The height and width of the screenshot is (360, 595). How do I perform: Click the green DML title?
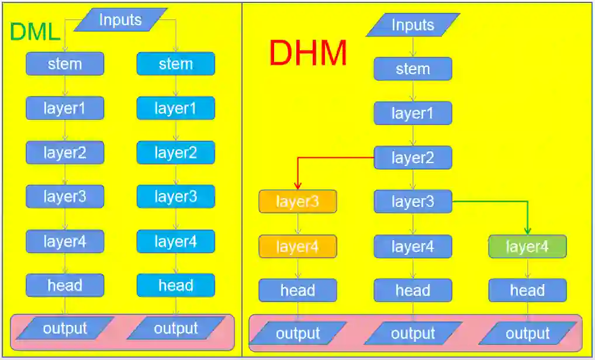pos(36,32)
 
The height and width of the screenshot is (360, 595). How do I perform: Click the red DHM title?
pos(308,54)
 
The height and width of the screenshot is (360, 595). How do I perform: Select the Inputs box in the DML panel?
pos(120,20)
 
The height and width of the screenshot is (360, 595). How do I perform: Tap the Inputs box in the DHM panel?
pos(413,25)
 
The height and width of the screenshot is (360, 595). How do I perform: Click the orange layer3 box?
pos(298,202)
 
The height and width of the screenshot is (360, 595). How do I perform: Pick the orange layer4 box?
pos(298,247)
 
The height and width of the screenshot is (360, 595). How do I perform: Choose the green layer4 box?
pos(527,247)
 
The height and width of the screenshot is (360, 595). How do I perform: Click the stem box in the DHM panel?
pos(413,69)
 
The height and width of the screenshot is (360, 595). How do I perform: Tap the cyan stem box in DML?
pos(176,64)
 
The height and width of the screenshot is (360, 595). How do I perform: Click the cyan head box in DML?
pos(176,285)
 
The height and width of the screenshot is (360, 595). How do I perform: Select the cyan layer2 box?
pos(176,153)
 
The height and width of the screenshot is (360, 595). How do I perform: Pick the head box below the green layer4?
pos(527,290)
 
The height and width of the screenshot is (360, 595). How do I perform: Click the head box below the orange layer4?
pos(298,290)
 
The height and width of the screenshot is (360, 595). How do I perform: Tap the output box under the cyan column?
pos(176,328)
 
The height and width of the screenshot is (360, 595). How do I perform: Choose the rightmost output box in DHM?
pos(527,334)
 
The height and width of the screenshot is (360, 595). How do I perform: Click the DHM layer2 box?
pos(413,158)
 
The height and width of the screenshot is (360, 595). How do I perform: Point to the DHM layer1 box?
pos(413,113)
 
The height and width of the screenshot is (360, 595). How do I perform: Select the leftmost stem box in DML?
pos(65,64)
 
